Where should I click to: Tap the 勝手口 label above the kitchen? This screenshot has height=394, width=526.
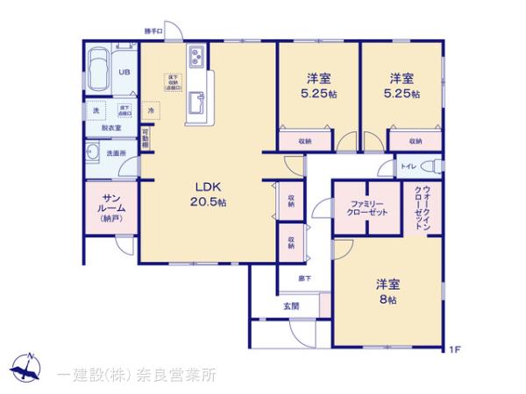pos(154,32)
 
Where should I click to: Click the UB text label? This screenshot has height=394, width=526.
pos(124,73)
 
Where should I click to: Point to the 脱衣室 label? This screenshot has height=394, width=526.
pos(111,129)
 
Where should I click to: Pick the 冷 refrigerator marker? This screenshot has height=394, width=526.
pos(151,111)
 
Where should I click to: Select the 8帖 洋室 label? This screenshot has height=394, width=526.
pos(387,291)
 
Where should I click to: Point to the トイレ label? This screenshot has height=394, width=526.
pos(408,166)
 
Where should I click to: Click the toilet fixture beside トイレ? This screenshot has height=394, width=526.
pos(430,166)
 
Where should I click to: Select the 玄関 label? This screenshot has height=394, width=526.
pos(291,306)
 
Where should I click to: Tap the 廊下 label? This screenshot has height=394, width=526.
pos(293,279)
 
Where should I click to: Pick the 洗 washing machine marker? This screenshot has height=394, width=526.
pos(96,110)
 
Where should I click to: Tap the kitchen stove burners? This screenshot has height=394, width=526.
pos(195,60)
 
